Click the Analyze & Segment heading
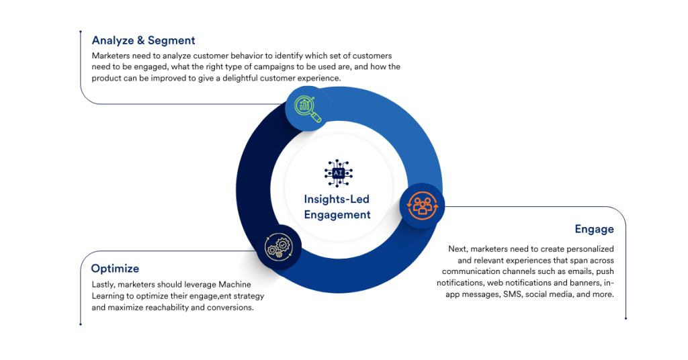click(x=143, y=40)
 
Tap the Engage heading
click(x=594, y=229)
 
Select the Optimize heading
click(x=115, y=269)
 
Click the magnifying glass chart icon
click(x=307, y=108)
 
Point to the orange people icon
click(x=422, y=206)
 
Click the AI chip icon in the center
click(x=337, y=173)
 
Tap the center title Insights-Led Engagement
click(x=337, y=207)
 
